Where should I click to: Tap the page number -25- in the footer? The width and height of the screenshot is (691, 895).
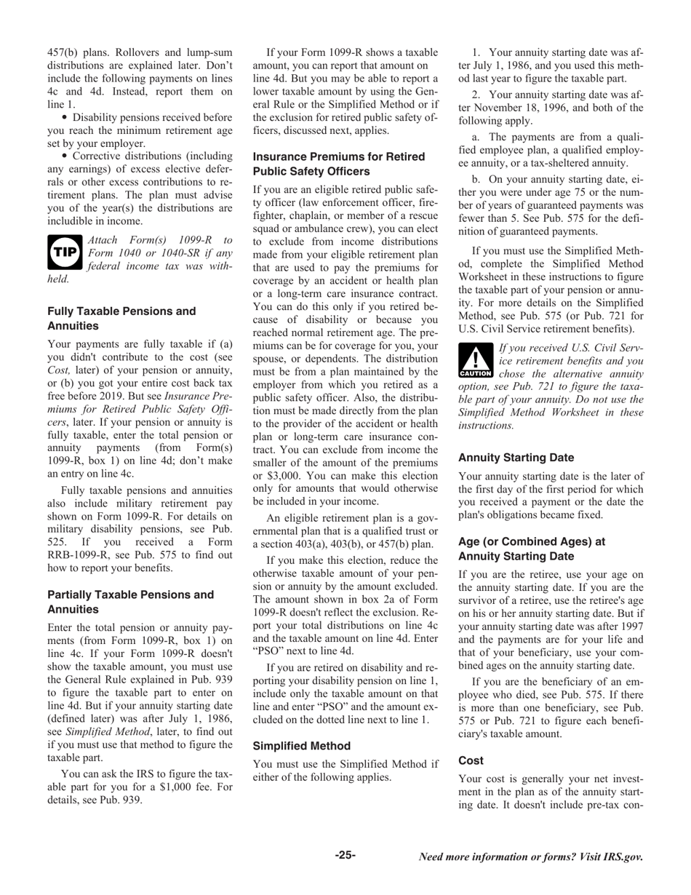click(345, 855)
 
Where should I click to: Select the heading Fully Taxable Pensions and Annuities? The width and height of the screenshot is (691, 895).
click(121, 318)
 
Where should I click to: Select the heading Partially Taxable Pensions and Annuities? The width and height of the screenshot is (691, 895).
click(131, 602)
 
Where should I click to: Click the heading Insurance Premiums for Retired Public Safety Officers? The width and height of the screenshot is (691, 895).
click(339, 164)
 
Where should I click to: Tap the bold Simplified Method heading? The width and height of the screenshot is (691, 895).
click(302, 746)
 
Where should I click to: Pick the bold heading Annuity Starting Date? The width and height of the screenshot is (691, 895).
click(516, 458)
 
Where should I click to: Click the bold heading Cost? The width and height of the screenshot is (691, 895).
click(471, 760)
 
